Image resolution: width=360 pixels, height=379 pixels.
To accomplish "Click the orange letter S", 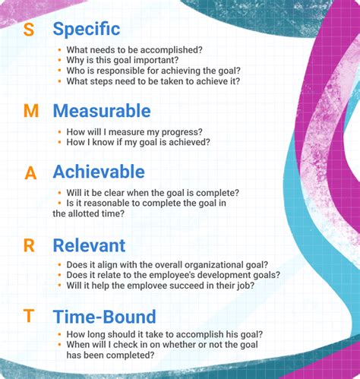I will pyautogui.click(x=29, y=30).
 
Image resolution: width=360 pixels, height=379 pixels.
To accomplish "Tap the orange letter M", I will pyautogui.click(x=31, y=111).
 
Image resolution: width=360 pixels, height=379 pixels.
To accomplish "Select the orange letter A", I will pyautogui.click(x=30, y=172).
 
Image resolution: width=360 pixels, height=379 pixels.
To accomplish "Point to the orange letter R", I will pyautogui.click(x=30, y=246).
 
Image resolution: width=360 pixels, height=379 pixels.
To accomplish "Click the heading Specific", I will pyautogui.click(x=86, y=30).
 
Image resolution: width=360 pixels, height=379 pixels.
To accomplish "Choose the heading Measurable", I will pyautogui.click(x=101, y=111).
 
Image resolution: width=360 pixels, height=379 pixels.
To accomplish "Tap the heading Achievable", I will pyautogui.click(x=98, y=171).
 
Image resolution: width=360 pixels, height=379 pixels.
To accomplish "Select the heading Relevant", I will pyautogui.click(x=89, y=245).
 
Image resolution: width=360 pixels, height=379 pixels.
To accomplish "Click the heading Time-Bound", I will pyautogui.click(x=104, y=316).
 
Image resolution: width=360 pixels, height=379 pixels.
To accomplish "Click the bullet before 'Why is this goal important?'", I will pyautogui.click(x=60, y=61).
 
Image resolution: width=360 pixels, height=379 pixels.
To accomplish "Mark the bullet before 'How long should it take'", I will pyautogui.click(x=60, y=334).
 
